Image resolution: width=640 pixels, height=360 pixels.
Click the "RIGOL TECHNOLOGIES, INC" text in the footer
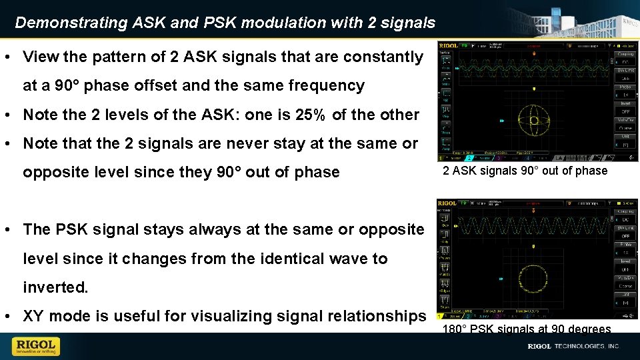tap(573, 347)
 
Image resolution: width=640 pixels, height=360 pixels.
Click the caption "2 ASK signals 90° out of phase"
tap(525, 171)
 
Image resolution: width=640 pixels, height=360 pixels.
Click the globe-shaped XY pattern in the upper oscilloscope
tap(533, 121)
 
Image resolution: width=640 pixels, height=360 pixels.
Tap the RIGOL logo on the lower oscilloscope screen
tap(447, 203)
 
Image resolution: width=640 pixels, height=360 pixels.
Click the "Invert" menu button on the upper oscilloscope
tap(625, 103)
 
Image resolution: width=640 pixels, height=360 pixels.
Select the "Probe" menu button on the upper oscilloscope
tap(625, 87)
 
